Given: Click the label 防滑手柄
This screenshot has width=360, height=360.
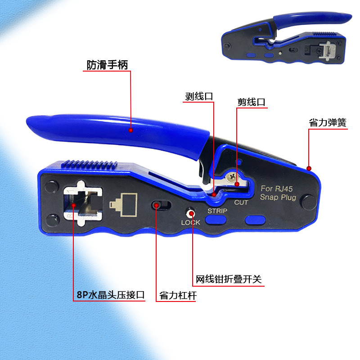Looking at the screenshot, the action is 108,65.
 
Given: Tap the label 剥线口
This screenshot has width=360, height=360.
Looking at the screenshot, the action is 198,96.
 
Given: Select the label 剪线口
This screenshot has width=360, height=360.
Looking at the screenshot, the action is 252,102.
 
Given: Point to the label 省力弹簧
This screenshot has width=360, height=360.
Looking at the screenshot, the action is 328,122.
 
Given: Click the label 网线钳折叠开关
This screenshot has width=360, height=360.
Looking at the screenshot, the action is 228,279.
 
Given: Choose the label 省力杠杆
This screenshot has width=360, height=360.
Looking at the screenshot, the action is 178,296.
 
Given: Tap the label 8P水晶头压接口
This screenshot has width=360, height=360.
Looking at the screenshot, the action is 110,295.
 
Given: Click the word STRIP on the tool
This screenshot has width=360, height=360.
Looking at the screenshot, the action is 217,211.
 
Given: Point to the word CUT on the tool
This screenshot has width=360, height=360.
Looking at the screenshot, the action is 241,202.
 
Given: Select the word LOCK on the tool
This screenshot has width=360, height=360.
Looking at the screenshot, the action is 190,222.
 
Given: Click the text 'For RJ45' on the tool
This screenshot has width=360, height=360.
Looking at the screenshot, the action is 276,189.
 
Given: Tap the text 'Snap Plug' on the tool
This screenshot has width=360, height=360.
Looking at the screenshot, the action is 278,198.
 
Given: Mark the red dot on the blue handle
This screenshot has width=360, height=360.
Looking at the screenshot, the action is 130,130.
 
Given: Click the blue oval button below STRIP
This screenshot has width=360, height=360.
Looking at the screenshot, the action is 216,220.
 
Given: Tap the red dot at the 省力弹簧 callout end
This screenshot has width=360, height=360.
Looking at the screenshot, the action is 309,168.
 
